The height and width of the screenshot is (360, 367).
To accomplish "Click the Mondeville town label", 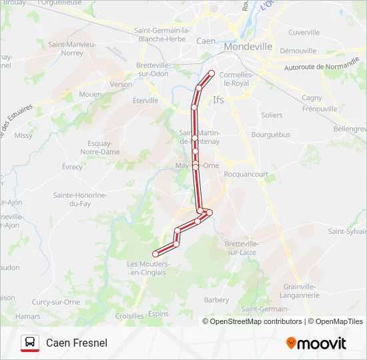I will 248,47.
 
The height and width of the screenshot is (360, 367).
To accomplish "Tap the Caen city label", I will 206,41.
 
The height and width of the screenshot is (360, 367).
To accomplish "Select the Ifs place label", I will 218,100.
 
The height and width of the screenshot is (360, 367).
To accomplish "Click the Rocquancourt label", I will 246,175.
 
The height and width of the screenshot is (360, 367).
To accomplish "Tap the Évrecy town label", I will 72,167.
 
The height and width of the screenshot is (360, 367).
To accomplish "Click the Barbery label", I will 217,300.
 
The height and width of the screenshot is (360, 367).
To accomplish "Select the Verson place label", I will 121,85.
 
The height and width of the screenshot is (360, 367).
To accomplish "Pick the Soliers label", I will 272,115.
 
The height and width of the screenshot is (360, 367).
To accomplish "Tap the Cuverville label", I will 304,32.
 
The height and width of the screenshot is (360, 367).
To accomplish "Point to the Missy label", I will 23,135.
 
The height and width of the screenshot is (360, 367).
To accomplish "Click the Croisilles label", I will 129,316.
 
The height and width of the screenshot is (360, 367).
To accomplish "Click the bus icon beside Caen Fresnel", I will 29,343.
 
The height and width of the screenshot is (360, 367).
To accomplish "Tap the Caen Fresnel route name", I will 77,343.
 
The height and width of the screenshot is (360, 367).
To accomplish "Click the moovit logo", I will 316,343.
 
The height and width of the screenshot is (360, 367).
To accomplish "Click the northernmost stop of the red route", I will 212,73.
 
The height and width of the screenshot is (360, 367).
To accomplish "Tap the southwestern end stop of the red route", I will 155,253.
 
